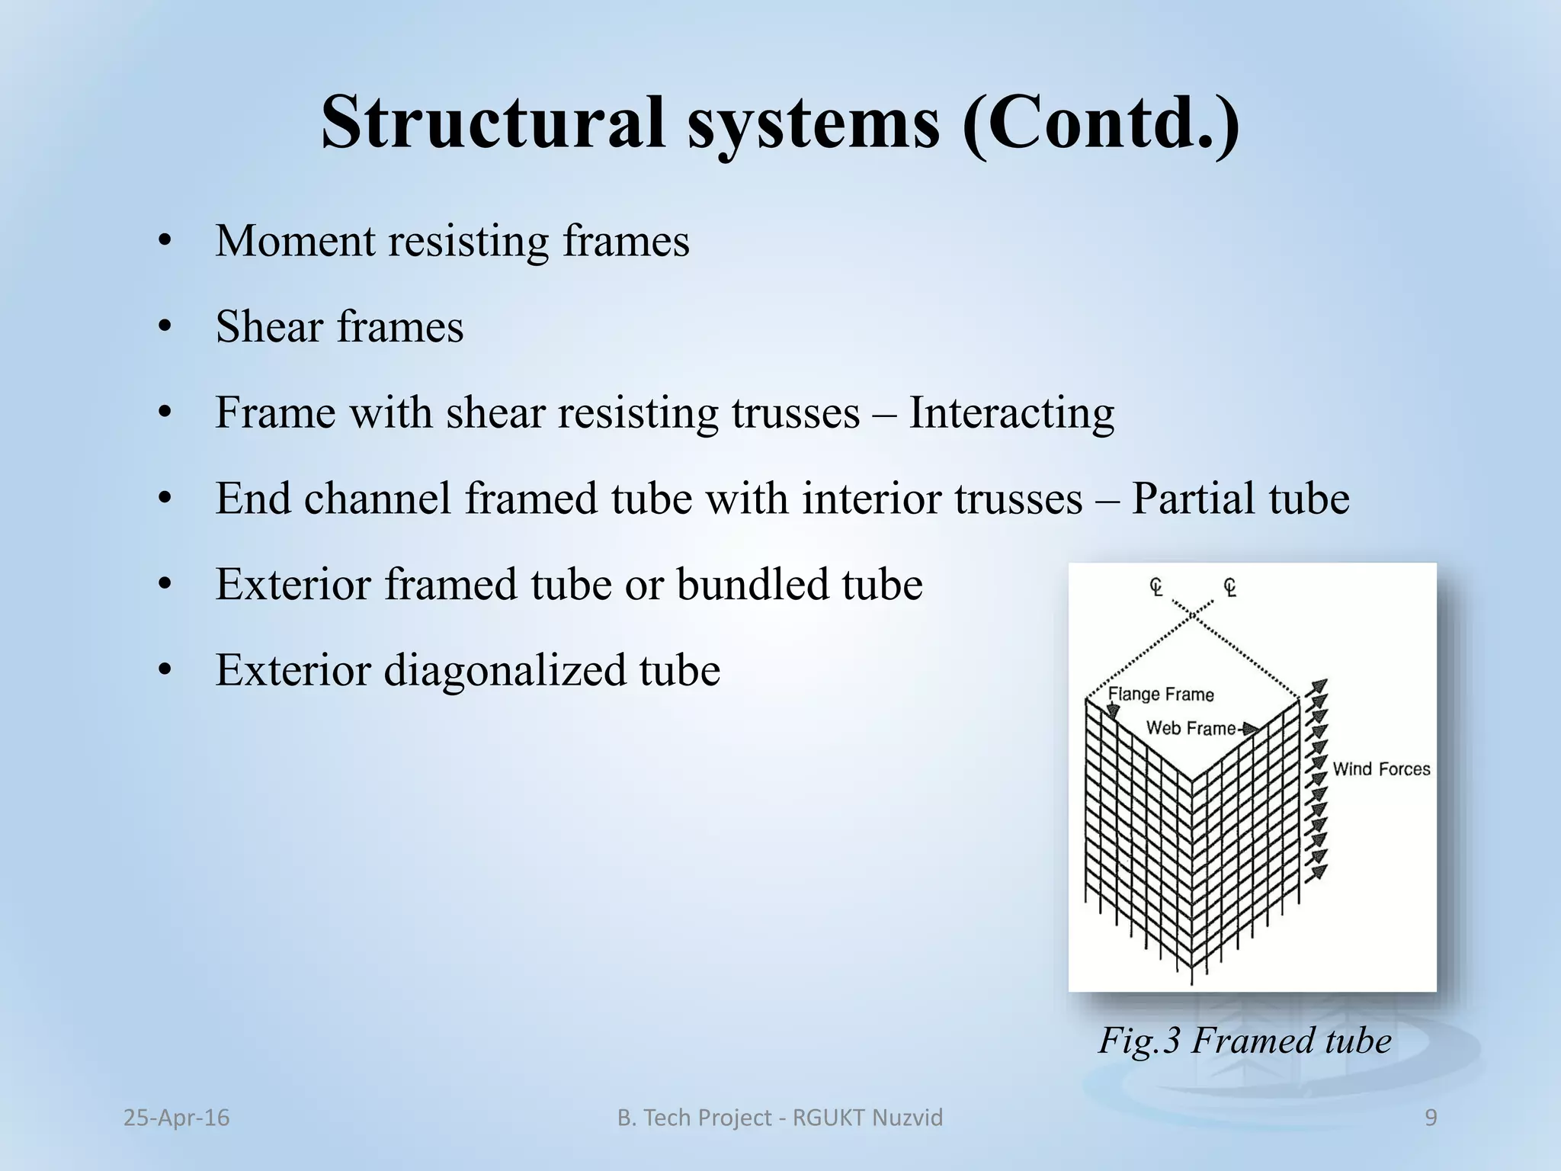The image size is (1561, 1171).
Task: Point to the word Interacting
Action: [x=1011, y=413]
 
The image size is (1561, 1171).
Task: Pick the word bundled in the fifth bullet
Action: [x=752, y=585]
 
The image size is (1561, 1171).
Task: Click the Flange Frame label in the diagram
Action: [x=1160, y=694]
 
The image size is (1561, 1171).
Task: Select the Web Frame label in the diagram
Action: [x=1191, y=728]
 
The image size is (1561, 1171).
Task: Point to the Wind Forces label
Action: [x=1380, y=768]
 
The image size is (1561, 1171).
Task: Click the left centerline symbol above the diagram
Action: [x=1156, y=587]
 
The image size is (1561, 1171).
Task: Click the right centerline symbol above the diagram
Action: [x=1229, y=587]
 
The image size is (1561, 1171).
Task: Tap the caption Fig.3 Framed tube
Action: [x=1244, y=1041]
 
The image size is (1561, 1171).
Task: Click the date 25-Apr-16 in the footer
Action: [x=176, y=1118]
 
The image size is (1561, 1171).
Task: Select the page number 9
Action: [x=1431, y=1118]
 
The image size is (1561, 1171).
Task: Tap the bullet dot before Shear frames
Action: [x=164, y=329]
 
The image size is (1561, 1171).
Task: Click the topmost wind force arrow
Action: [x=1319, y=686]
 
